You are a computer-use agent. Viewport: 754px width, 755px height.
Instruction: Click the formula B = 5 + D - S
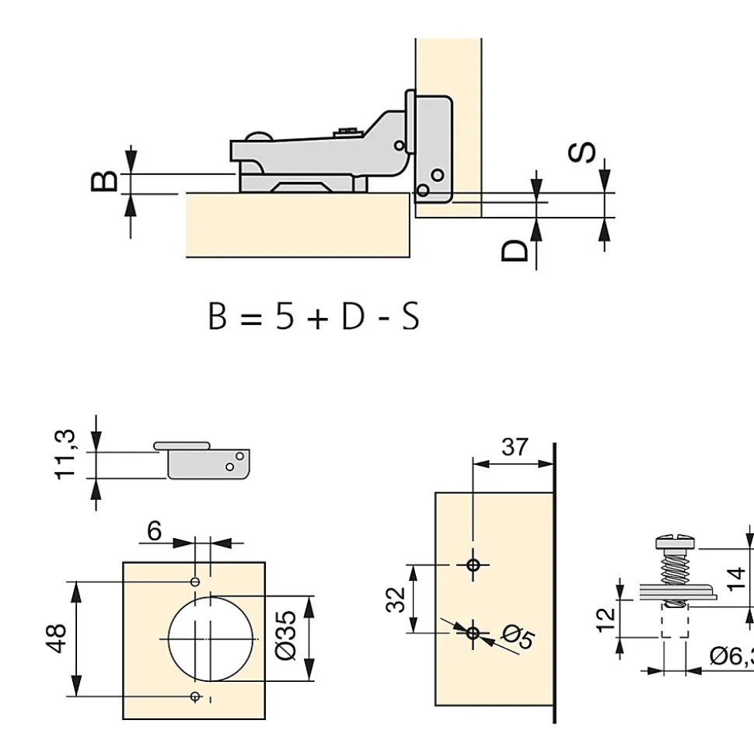(x=313, y=317)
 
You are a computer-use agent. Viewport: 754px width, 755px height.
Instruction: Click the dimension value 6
(x=154, y=531)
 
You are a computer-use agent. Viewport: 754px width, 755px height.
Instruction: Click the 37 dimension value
(x=515, y=447)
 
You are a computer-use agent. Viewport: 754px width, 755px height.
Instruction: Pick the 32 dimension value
(x=396, y=599)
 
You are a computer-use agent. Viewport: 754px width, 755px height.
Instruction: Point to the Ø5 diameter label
(x=518, y=637)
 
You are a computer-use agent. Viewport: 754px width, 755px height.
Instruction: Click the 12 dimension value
(x=607, y=617)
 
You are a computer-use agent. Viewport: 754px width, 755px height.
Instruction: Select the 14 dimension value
(x=737, y=578)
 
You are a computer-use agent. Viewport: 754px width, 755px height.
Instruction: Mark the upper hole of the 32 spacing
(x=473, y=565)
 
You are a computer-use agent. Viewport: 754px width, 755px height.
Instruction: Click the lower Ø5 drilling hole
(x=473, y=632)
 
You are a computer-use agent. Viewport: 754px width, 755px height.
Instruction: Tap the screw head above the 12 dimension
(x=675, y=540)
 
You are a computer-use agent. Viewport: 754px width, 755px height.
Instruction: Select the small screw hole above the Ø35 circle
(x=196, y=581)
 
